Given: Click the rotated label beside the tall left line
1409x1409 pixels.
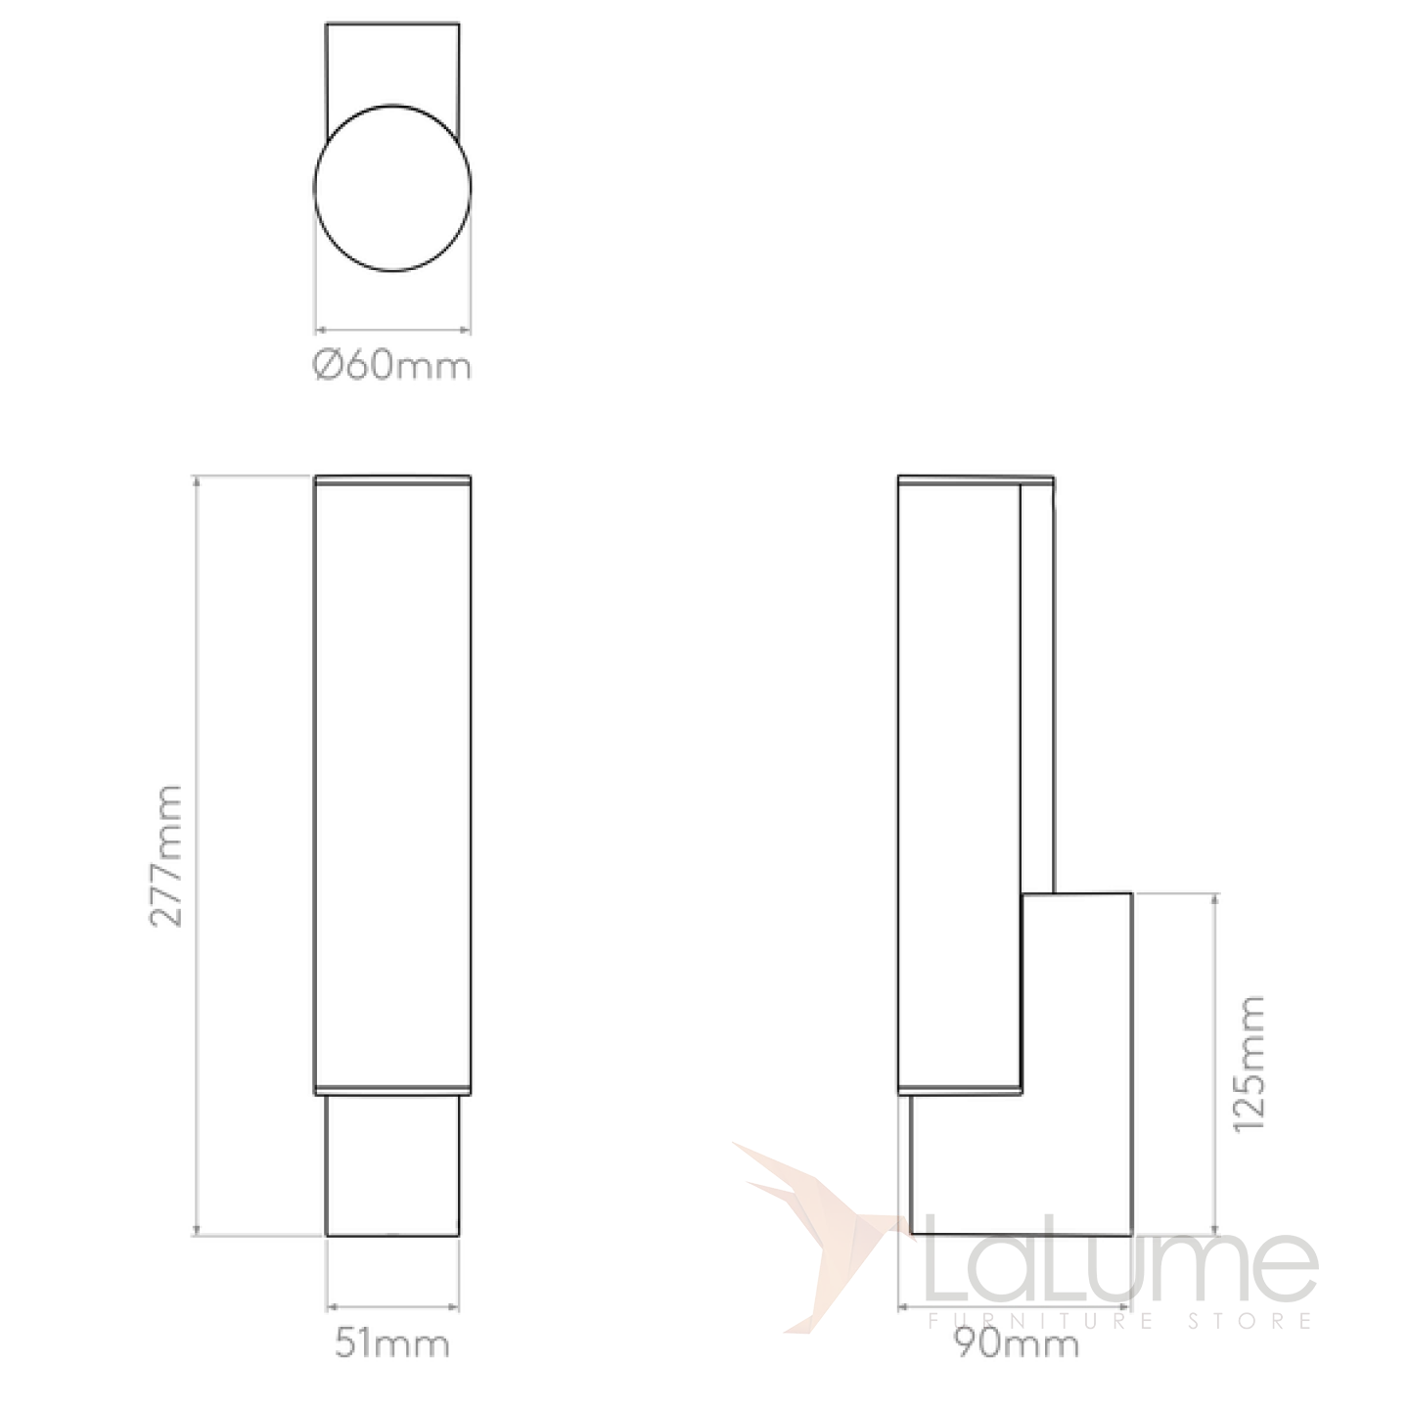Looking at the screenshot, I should pyautogui.click(x=166, y=851).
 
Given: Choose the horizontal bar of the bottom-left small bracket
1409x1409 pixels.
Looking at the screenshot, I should pyautogui.click(x=391, y=1307).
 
